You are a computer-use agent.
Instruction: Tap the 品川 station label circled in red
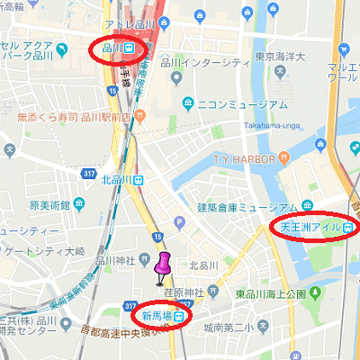[x=117, y=48]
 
